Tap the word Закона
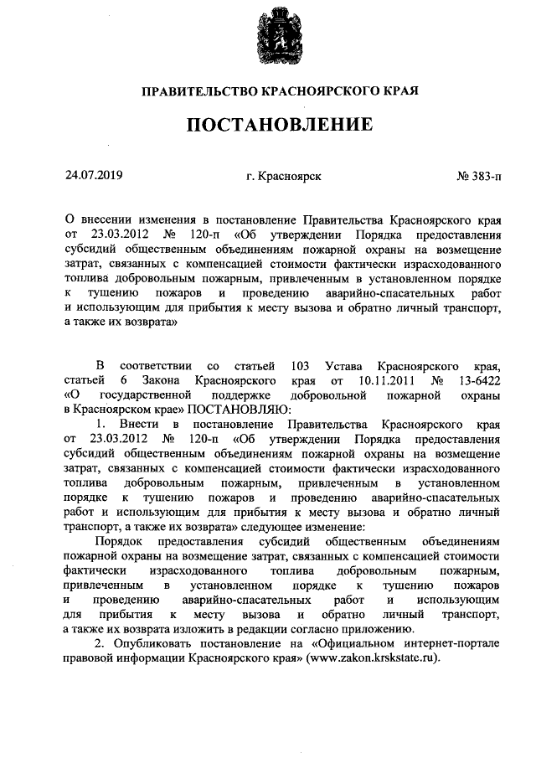(x=163, y=380)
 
